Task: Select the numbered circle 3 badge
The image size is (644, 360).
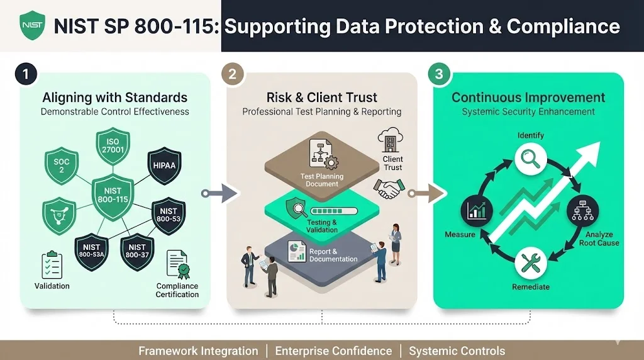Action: pyautogui.click(x=438, y=74)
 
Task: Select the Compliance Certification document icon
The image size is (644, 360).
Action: pyautogui.click(x=177, y=265)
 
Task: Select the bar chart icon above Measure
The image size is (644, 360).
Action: pyautogui.click(x=476, y=211)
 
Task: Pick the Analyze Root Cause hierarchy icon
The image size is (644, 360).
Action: pyautogui.click(x=582, y=211)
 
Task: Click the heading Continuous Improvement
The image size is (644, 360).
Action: pyautogui.click(x=528, y=98)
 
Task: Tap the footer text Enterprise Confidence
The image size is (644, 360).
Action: pyautogui.click(x=333, y=351)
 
